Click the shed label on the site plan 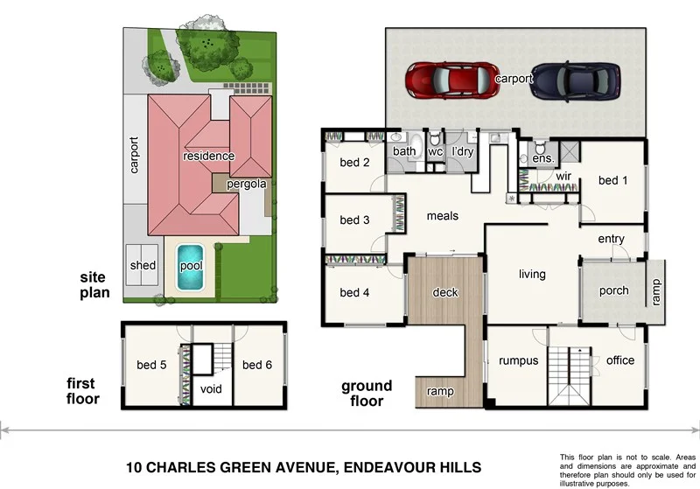143,265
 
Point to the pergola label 246,185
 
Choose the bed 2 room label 354,162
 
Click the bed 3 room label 354,220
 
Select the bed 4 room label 354,292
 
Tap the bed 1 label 613,180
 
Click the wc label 435,151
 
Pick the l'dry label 462,151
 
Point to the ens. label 542,158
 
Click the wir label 564,176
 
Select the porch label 613,290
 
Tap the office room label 619,360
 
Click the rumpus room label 517,360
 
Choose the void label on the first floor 211,389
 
